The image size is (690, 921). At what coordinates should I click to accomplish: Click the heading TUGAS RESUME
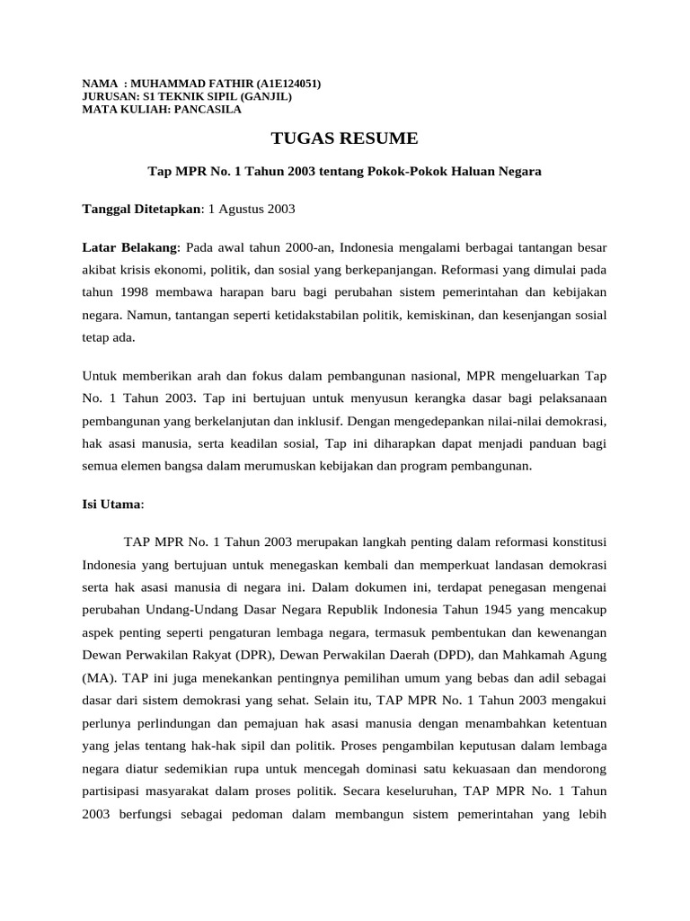345,139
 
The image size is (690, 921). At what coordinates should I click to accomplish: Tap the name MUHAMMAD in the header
170,84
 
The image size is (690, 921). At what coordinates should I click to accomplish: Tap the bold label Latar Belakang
130,246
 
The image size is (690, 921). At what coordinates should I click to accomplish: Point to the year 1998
132,293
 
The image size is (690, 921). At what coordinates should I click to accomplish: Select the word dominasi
417,770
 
